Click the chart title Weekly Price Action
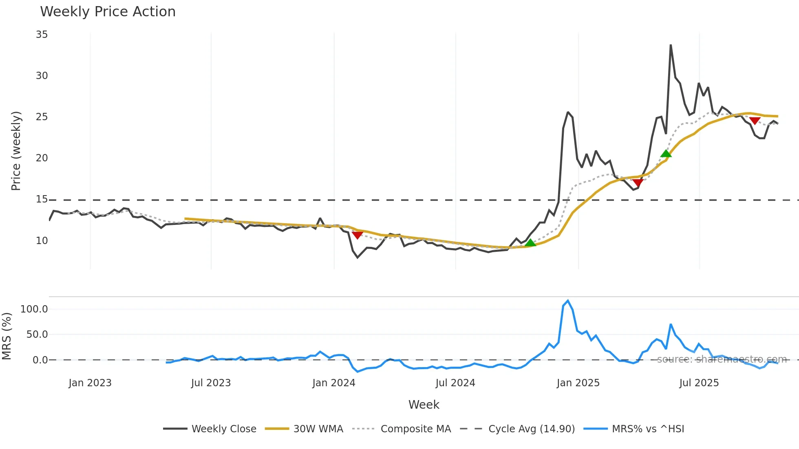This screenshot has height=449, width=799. (108, 12)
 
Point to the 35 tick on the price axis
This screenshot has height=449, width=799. (42, 35)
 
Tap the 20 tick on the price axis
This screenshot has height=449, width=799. (42, 158)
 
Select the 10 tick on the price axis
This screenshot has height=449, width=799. (42, 241)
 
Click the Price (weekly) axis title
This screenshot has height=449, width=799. (16, 151)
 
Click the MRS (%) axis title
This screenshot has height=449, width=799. (7, 336)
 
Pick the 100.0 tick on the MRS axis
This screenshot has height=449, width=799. (34, 309)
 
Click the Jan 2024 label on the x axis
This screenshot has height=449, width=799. (333, 383)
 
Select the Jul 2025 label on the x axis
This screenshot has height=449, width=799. (699, 383)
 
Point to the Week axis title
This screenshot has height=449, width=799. (424, 405)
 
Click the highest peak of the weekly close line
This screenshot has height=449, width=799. (671, 45)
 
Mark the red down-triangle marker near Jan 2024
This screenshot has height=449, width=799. (357, 235)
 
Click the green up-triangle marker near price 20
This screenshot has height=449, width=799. (666, 154)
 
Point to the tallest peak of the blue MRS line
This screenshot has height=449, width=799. (568, 301)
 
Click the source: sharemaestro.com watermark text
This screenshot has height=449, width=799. (722, 359)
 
